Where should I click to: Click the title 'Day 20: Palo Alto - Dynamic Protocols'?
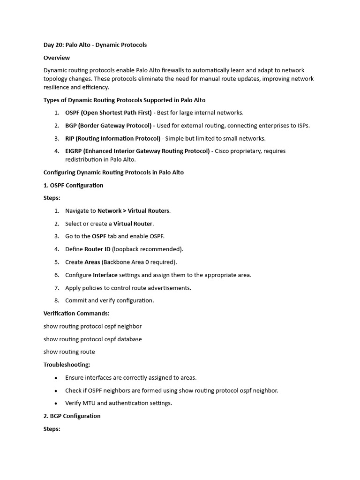[x=95, y=45]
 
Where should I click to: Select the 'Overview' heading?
[x=57, y=58]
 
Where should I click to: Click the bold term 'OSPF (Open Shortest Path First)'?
[x=108, y=112]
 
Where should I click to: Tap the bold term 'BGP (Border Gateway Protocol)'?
[x=108, y=126]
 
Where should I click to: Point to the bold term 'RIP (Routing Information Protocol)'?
[x=112, y=138]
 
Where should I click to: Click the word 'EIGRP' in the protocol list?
[x=75, y=151]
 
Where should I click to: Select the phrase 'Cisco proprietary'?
[x=238, y=151]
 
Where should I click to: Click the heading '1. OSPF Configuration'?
[x=73, y=185]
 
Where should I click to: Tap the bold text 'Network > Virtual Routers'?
[x=134, y=211]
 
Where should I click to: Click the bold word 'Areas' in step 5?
[x=92, y=262]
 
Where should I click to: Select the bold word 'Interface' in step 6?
[x=105, y=275]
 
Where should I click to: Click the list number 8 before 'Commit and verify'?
[x=56, y=300]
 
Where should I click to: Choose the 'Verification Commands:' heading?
[x=76, y=313]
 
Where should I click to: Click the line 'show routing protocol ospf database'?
[x=92, y=339]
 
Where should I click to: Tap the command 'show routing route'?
[x=69, y=352]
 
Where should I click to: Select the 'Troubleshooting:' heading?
[x=67, y=364]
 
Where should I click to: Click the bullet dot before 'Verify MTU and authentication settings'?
[x=56, y=403]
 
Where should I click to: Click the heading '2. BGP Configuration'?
[x=72, y=416]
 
